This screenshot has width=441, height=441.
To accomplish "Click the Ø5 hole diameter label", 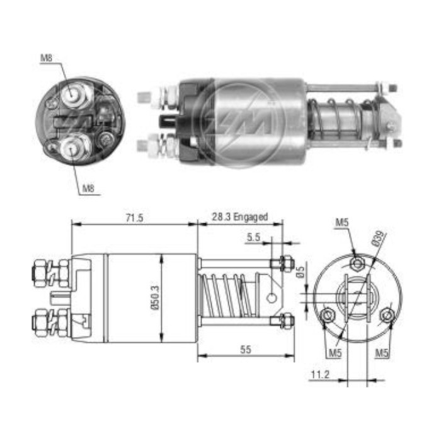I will coord(301,272).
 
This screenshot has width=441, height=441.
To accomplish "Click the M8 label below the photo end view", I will coord(88,188).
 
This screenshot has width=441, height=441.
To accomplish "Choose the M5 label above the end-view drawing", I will coord(341,222).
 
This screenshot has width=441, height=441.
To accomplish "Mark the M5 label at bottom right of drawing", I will coord(382,353).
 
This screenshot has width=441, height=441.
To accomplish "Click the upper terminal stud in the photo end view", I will coord(74,95).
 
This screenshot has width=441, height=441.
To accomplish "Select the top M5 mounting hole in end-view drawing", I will coord(357,263).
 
